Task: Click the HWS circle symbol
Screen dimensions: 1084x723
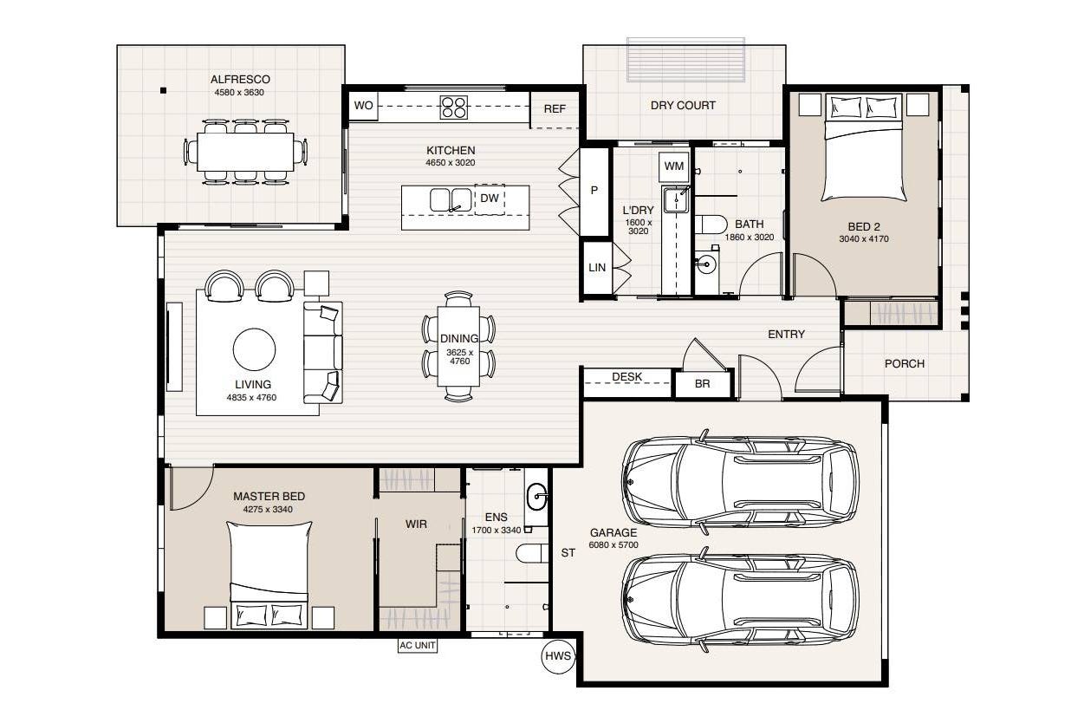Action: tap(558, 656)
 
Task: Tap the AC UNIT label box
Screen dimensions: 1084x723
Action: tap(418, 646)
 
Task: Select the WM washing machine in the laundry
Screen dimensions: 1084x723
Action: tap(673, 166)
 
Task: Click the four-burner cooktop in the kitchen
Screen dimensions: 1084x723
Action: tap(453, 107)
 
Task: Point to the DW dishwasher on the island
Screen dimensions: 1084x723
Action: tap(490, 199)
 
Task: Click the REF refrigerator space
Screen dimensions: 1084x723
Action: tap(555, 109)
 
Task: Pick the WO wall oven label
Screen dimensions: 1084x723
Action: tap(363, 106)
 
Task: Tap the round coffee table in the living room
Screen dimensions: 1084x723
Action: tap(254, 349)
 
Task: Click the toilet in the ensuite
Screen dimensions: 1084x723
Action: tap(532, 553)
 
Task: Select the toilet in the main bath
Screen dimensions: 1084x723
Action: tap(711, 225)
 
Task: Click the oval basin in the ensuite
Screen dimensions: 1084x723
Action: tap(536, 497)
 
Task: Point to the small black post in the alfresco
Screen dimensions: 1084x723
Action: tap(164, 90)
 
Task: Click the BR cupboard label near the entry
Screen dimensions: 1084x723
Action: tap(702, 384)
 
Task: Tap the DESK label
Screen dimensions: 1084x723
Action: tap(626, 377)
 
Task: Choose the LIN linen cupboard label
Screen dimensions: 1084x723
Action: tap(597, 267)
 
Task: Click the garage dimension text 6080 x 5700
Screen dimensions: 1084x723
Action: tap(613, 544)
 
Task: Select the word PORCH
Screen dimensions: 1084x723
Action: tap(904, 364)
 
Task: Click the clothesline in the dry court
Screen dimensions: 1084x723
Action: tap(685, 60)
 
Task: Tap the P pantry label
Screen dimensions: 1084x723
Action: tap(594, 191)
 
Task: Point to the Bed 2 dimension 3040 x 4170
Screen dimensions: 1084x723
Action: tap(864, 238)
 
